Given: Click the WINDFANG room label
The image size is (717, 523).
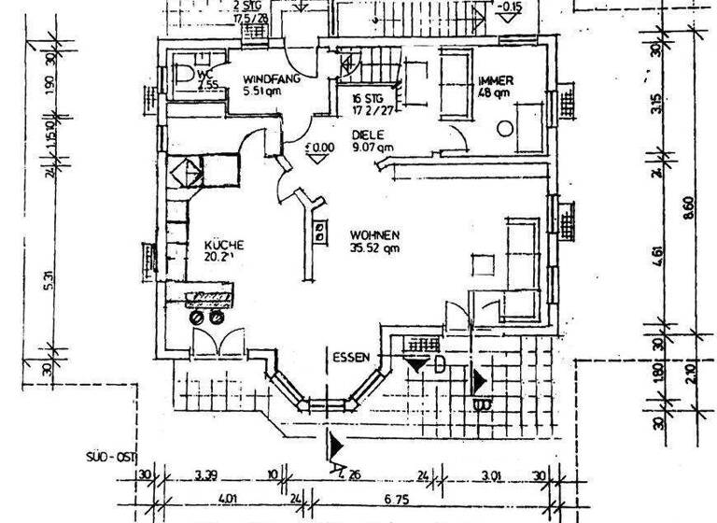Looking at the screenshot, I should [x=271, y=79].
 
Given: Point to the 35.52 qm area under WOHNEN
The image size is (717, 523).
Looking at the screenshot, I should [x=375, y=248].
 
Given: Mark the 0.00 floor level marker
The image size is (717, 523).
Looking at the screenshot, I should [x=320, y=147].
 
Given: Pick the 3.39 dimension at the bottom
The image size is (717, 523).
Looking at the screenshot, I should [x=208, y=474].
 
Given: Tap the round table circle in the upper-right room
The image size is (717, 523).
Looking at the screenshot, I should [x=505, y=129].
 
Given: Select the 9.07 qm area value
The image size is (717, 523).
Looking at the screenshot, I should [x=373, y=147].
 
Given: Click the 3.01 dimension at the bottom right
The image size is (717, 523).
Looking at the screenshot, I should [x=492, y=474].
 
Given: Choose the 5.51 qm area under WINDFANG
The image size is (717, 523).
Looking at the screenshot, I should [x=263, y=92].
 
